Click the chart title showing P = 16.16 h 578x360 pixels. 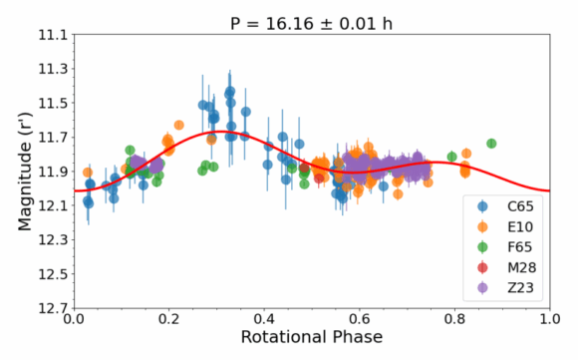311,24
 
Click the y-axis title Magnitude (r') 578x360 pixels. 25,172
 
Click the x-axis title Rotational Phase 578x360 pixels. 312,337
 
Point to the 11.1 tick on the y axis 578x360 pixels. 54,35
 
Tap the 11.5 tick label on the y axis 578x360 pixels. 54,104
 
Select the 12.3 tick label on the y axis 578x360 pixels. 54,240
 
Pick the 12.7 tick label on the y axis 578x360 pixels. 54,308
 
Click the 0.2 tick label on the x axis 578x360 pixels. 169,319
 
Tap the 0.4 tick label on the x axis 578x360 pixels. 264,319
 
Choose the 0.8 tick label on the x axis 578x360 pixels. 454,319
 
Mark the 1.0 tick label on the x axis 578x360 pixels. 550,319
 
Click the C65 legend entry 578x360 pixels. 505,206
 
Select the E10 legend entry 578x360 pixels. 505,226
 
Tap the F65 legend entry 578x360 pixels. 505,247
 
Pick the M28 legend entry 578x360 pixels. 506,267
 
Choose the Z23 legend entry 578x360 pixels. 505,288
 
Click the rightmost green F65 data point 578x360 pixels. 491,144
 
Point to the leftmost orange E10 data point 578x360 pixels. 88,173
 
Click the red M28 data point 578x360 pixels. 319,179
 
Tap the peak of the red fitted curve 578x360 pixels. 219,132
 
